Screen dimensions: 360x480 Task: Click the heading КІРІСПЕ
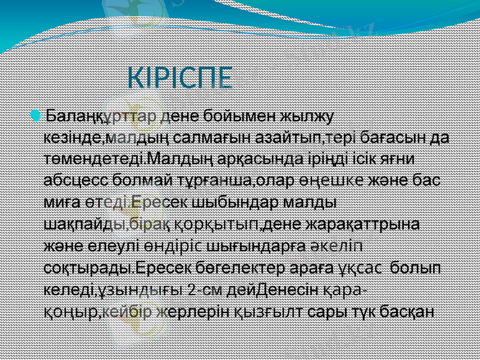point(181,78)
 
